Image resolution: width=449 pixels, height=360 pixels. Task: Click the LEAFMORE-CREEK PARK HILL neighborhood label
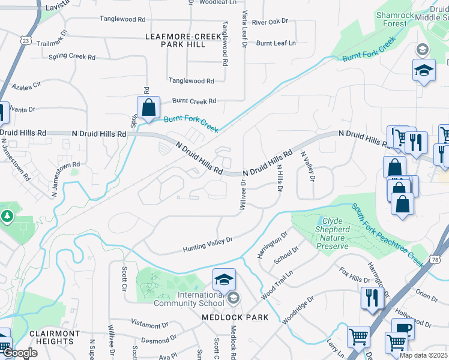point(183,41)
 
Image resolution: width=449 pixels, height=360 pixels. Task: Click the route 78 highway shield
point(435,259)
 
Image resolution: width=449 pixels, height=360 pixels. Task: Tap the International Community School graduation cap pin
point(224,281)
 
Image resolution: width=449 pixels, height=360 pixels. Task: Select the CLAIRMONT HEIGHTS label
point(54,337)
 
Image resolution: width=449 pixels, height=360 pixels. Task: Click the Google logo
point(20,353)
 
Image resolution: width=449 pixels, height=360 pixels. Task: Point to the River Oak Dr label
point(270,22)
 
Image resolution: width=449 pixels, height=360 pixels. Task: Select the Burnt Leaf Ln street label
point(276,43)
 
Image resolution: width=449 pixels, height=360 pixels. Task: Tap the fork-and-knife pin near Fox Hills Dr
point(372,297)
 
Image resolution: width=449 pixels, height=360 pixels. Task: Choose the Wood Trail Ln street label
point(277,283)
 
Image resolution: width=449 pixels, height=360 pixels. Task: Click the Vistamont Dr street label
point(149,325)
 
